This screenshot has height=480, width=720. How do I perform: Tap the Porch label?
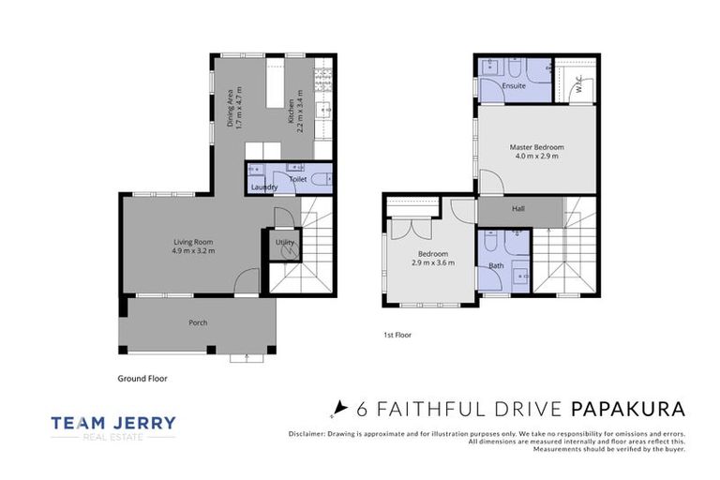tap(197, 322)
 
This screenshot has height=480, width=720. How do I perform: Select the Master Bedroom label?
tap(536, 147)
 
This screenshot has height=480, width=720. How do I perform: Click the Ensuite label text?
tap(513, 86)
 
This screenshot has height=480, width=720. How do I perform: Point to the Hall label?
tap(517, 209)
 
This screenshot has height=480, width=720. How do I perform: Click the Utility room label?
tap(284, 243)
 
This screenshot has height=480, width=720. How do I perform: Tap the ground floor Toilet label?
tap(298, 178)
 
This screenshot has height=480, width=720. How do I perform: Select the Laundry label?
tap(263, 187)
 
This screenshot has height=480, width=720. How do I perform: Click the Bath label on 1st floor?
tap(495, 265)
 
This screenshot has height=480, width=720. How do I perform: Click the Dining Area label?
tap(231, 108)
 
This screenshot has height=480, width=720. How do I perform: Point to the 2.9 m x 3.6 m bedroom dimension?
tap(432, 263)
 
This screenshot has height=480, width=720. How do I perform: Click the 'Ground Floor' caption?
tap(143, 379)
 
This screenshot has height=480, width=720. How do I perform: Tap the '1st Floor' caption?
tap(397, 335)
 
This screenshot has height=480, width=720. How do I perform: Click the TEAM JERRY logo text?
tap(112, 423)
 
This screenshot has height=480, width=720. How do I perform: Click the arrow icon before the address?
tap(339, 409)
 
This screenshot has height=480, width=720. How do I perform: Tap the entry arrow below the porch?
tap(246, 356)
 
